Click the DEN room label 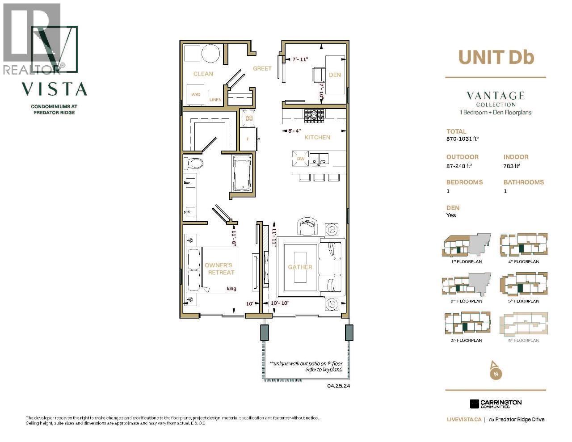[335, 75]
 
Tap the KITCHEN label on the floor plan [317, 137]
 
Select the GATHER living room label [300, 267]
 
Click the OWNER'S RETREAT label [219, 269]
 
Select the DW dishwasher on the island [301, 159]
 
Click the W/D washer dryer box [196, 95]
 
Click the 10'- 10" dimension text [281, 303]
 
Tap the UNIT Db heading [496, 57]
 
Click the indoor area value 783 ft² [512, 166]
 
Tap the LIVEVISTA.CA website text [464, 420]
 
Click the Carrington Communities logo [496, 404]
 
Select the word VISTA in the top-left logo [55, 89]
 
